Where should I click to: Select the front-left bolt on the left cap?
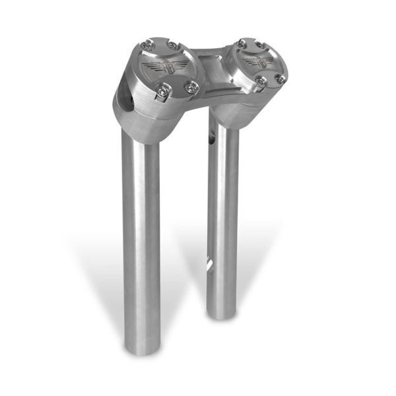160,93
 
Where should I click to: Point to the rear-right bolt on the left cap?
173,44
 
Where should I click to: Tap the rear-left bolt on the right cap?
242,44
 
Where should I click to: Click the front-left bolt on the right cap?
261,82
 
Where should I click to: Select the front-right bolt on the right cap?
280,79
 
